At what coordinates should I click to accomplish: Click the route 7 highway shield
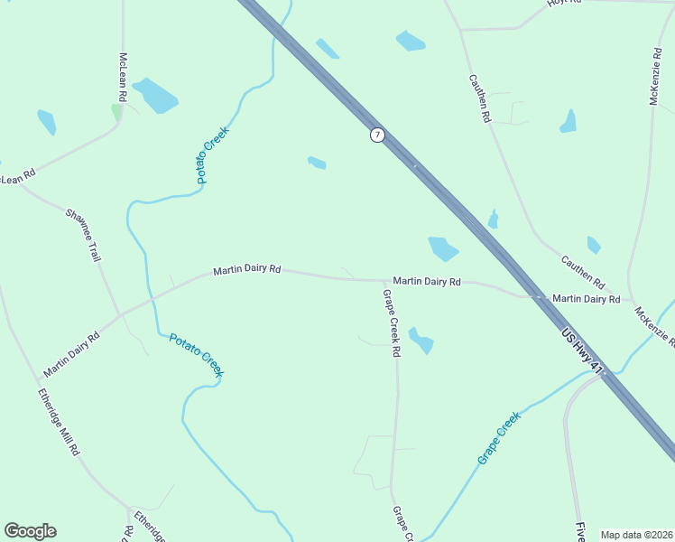pyautogui.click(x=377, y=135)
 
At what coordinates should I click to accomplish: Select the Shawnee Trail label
pyautogui.click(x=83, y=235)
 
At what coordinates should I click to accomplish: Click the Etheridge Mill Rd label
pyautogui.click(x=60, y=422)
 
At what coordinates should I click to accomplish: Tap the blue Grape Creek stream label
pyautogui.click(x=499, y=438)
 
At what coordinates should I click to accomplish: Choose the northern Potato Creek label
pyautogui.click(x=214, y=154)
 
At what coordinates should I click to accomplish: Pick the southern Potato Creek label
pyautogui.click(x=197, y=354)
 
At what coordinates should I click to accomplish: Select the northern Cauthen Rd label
pyautogui.click(x=479, y=98)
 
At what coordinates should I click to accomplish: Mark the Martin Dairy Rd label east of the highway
pyautogui.click(x=586, y=298)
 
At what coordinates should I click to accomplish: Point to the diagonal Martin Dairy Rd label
pyautogui.click(x=71, y=353)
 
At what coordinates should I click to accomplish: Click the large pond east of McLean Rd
pyautogui.click(x=155, y=96)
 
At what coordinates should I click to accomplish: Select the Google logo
pyautogui.click(x=30, y=531)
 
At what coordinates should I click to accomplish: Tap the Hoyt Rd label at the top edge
pyautogui.click(x=563, y=4)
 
